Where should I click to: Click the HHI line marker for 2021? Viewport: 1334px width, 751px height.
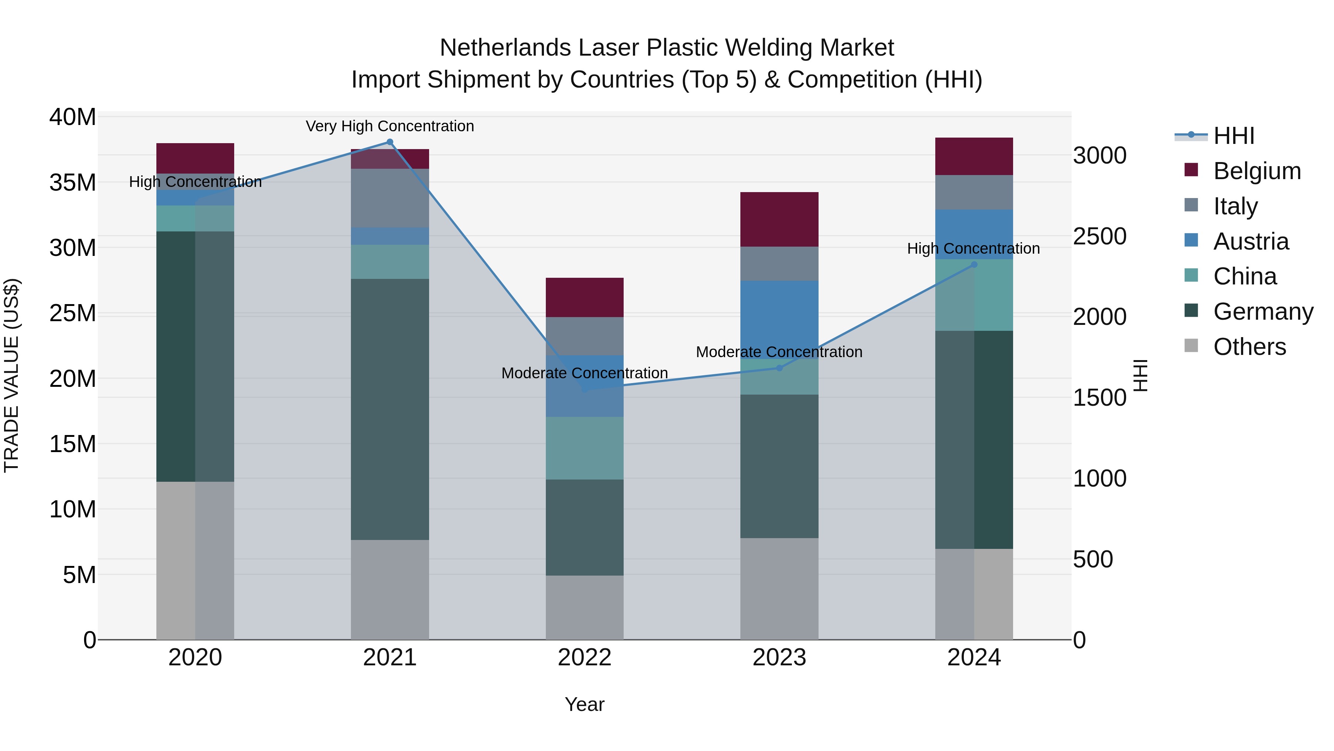[x=390, y=142]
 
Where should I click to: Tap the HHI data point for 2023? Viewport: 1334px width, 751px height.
[x=779, y=368]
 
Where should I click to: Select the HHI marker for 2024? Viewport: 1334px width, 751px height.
[x=974, y=265]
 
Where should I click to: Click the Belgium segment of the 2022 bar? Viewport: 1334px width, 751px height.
[x=585, y=297]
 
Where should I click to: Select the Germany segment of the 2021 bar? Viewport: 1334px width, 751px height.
[x=390, y=409]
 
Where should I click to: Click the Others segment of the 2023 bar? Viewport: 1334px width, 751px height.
[x=779, y=589]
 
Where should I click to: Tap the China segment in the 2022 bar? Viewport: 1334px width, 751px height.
[x=585, y=448]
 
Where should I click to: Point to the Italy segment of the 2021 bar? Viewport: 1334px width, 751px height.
[x=390, y=198]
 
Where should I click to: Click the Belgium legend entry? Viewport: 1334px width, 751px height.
[x=1257, y=171]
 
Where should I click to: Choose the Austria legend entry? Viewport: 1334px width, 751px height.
[x=1251, y=241]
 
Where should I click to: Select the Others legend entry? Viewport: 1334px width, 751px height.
[x=1249, y=347]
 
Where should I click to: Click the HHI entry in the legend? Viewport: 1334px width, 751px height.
[x=1234, y=136]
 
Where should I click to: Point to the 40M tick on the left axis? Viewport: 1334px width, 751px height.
[x=73, y=117]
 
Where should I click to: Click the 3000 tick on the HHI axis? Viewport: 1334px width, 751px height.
[x=1099, y=155]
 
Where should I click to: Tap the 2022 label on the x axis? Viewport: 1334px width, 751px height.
[x=585, y=658]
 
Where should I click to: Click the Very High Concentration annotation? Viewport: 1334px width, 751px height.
[x=390, y=126]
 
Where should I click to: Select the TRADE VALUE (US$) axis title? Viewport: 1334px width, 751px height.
[x=12, y=375]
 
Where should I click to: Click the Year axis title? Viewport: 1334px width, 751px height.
[x=585, y=704]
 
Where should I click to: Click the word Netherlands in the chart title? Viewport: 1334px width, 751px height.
[x=505, y=48]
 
